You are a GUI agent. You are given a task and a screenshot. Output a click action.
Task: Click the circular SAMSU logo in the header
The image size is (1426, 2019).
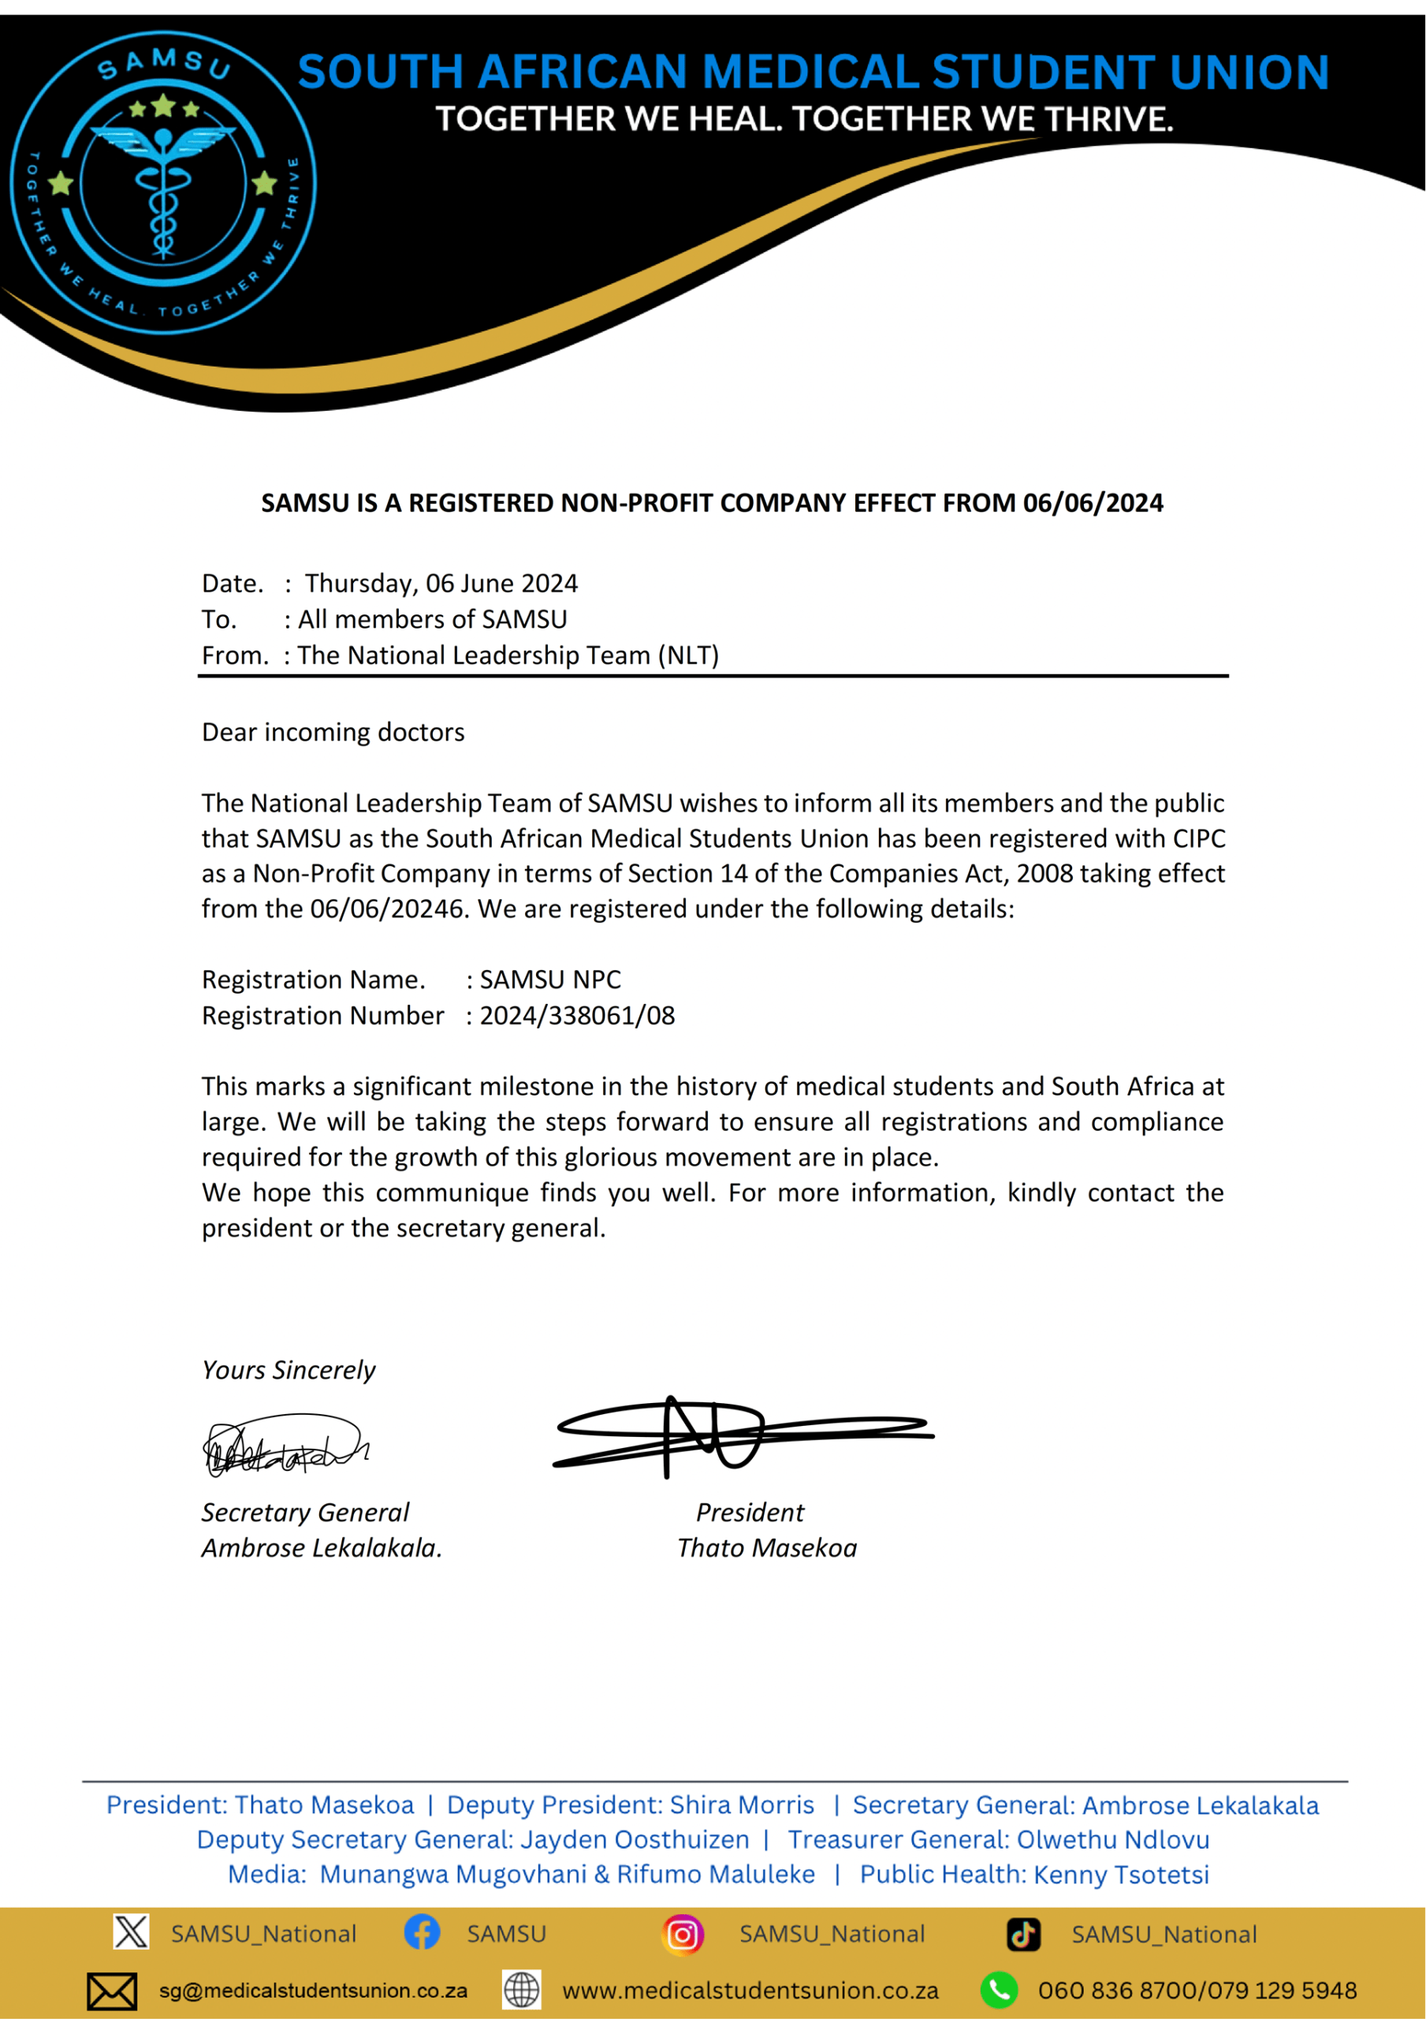click(163, 183)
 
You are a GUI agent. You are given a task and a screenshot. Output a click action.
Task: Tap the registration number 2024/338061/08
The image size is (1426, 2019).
click(577, 1016)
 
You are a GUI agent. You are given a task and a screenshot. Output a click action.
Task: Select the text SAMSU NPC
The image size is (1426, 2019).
click(550, 980)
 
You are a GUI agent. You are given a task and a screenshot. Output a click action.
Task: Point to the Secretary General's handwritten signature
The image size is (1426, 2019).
click(283, 1446)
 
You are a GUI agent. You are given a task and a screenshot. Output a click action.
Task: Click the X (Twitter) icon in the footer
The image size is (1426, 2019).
click(131, 1931)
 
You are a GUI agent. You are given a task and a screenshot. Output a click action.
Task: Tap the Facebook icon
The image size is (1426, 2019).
click(422, 1931)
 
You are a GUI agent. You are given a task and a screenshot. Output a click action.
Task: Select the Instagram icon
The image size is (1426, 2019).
click(682, 1933)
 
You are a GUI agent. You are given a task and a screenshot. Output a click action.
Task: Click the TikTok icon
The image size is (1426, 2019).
click(1023, 1933)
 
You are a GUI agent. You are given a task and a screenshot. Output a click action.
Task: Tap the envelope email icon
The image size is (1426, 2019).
click(112, 1991)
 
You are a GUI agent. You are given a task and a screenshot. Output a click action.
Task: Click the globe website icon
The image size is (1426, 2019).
click(520, 1990)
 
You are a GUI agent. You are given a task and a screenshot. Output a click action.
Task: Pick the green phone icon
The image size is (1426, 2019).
click(1000, 1990)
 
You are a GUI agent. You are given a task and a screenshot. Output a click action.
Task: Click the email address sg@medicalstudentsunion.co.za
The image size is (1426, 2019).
click(313, 1991)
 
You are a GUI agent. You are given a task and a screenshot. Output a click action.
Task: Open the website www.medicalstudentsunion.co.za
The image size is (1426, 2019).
click(750, 1991)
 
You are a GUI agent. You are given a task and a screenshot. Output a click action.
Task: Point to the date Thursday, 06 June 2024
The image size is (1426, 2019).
click(441, 583)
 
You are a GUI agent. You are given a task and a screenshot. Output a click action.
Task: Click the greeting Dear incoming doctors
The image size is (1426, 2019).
click(333, 732)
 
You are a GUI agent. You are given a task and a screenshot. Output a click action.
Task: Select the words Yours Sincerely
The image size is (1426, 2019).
click(289, 1369)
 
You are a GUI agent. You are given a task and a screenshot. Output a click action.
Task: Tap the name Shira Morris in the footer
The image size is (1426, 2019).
click(741, 1804)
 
